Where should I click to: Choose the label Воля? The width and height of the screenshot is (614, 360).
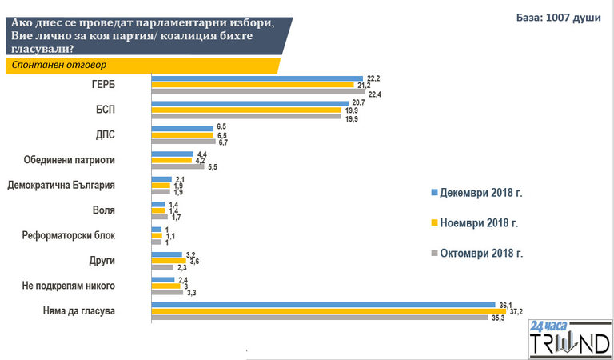point(105,210)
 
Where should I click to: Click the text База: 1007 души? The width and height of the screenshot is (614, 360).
point(558,18)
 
